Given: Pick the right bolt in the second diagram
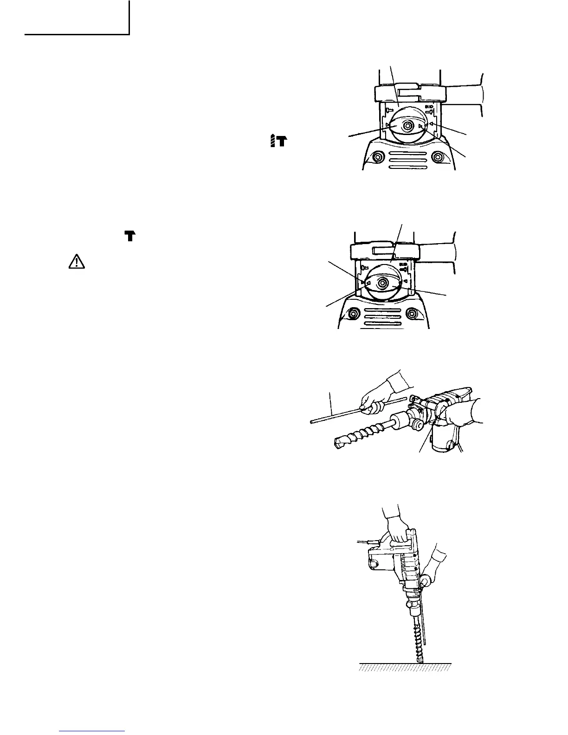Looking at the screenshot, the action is point(411,314).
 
